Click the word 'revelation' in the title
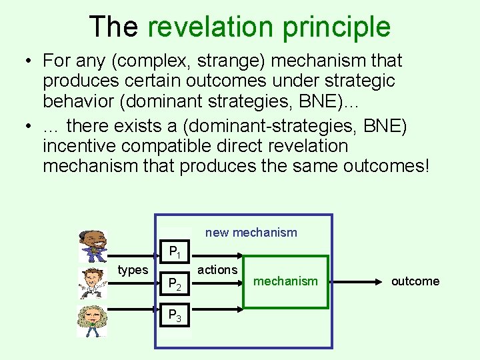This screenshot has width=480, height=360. coord(211,27)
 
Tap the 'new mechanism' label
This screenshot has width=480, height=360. coord(251,233)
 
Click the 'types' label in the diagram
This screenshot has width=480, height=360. coord(133,269)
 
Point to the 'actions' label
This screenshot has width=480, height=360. coord(217,269)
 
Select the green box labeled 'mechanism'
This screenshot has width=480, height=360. coord(285,281)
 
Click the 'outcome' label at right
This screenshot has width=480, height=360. coord(415,281)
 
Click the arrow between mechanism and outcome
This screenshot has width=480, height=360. coord(357,281)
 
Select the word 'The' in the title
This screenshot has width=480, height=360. coord(113,27)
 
